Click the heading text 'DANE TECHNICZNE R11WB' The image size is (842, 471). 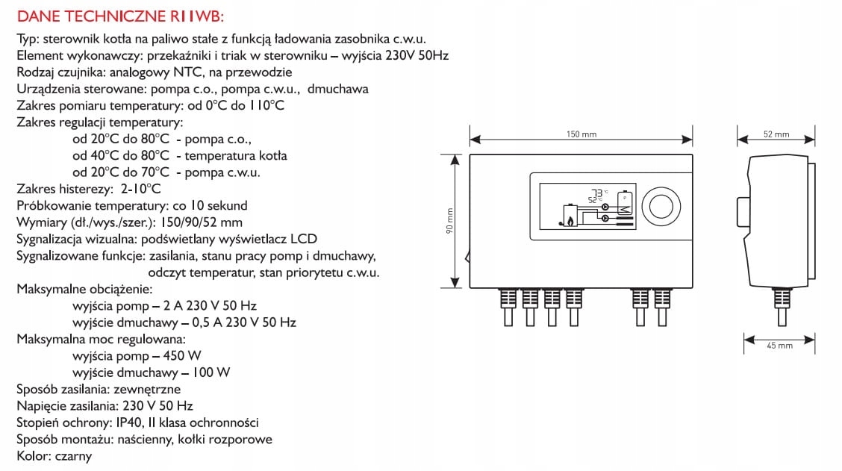(119, 16)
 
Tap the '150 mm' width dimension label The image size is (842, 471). (581, 134)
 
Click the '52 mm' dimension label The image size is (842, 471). (776, 134)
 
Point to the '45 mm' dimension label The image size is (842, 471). (779, 346)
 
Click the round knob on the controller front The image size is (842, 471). (661, 207)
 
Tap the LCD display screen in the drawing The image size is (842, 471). (587, 207)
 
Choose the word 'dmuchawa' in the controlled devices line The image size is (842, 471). (340, 89)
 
